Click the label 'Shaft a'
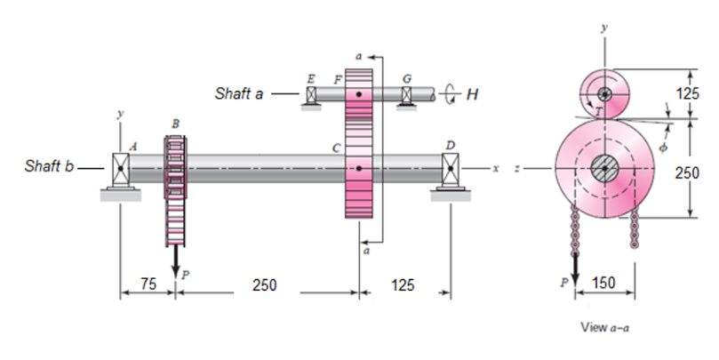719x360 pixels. [239, 93]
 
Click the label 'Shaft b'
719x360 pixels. [49, 165]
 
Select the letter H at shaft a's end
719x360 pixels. [472, 94]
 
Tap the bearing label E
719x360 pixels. [311, 79]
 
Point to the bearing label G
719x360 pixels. [407, 79]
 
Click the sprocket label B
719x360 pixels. [176, 124]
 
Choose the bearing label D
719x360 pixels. [451, 146]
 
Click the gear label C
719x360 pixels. [337, 148]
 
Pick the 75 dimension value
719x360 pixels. [148, 284]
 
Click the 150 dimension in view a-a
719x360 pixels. [603, 283]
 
